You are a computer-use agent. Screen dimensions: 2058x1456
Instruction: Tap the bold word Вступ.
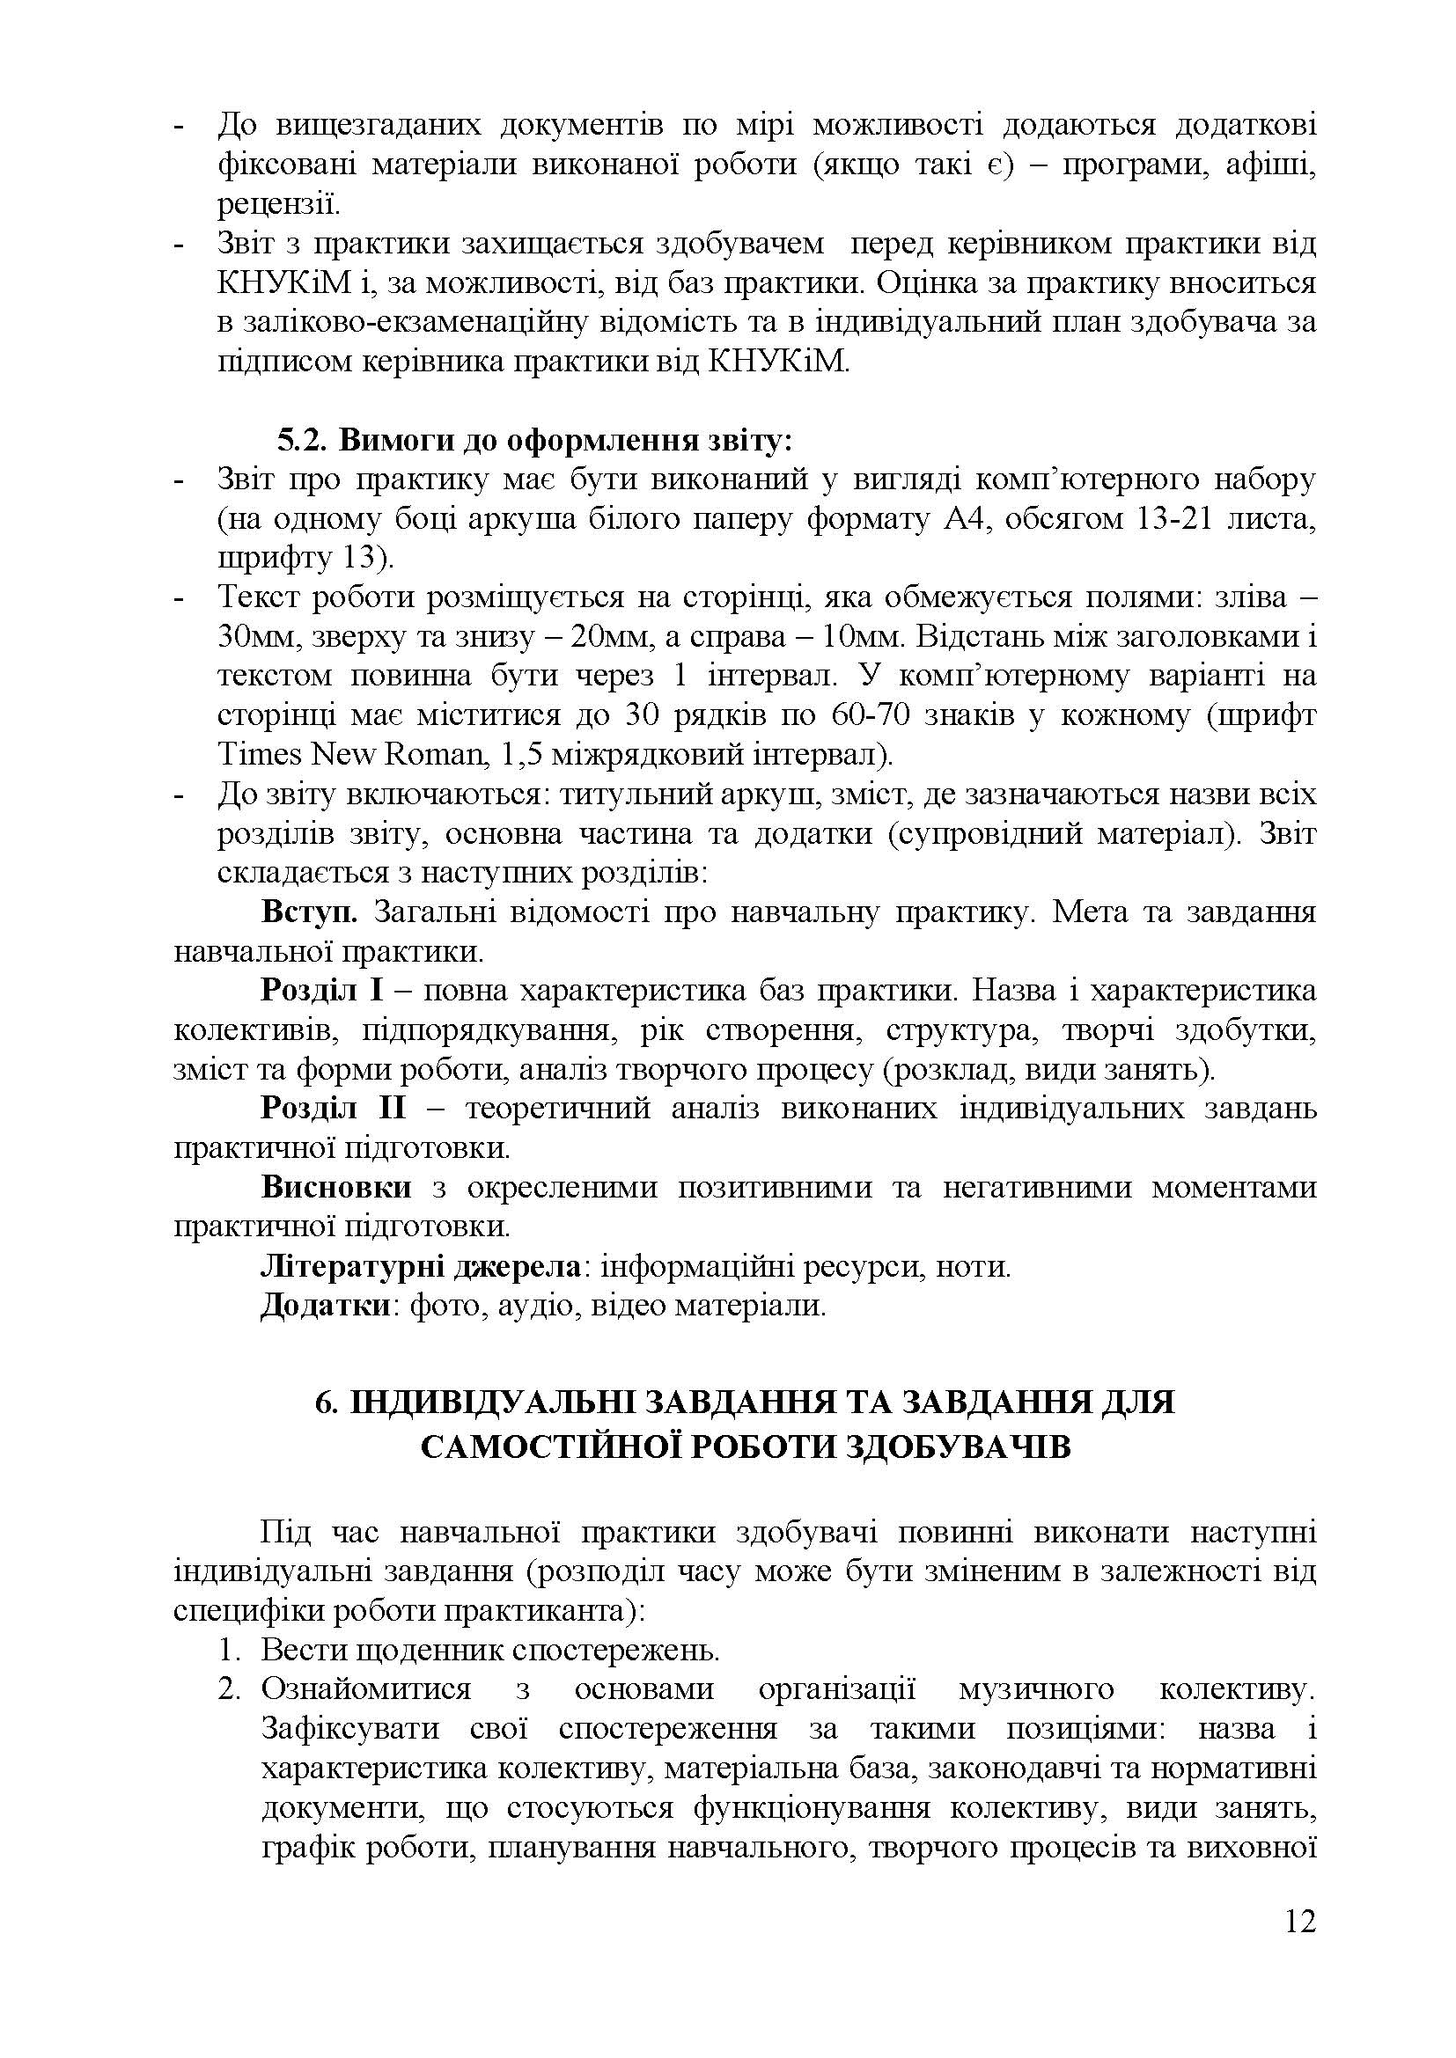click(x=309, y=912)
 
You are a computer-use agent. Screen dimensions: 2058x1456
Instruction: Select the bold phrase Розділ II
click(x=333, y=1109)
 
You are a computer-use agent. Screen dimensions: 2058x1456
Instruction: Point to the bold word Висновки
click(x=336, y=1188)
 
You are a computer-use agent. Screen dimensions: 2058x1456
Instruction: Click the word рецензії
click(x=278, y=204)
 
